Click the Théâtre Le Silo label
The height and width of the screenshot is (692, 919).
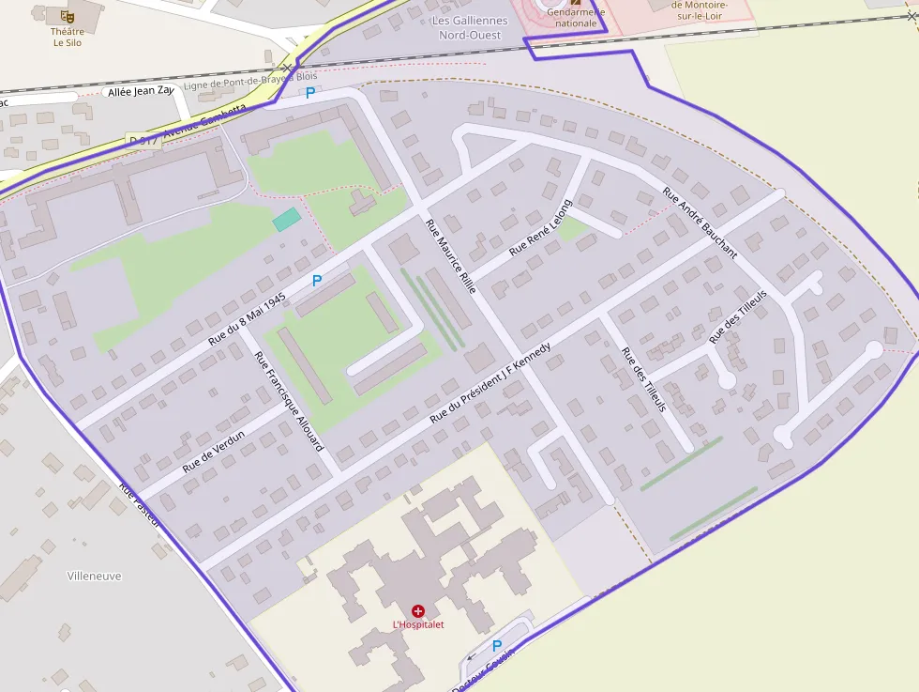point(67,37)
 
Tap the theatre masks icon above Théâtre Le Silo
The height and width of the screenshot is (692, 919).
point(67,16)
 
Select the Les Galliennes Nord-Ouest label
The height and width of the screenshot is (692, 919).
point(470,28)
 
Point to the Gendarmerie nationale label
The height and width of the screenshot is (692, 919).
point(576,18)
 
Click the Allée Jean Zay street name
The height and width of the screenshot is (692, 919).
point(142,91)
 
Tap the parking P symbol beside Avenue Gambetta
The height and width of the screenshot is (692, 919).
point(310,93)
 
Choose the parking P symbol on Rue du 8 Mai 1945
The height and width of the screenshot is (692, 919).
point(317,281)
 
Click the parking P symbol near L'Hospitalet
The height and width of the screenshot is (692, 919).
point(497,646)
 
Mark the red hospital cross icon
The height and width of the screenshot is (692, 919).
point(418,611)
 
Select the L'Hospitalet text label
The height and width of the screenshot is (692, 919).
point(418,625)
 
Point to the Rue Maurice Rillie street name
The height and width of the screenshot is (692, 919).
point(451,256)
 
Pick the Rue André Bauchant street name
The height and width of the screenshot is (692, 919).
point(700,223)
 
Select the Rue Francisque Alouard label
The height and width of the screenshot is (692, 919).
point(290,401)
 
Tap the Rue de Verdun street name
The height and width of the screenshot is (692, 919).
point(214,451)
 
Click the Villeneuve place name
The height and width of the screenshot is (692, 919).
point(94,576)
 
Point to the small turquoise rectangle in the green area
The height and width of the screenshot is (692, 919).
point(287,220)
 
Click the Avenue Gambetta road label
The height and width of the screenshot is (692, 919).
point(201,128)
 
